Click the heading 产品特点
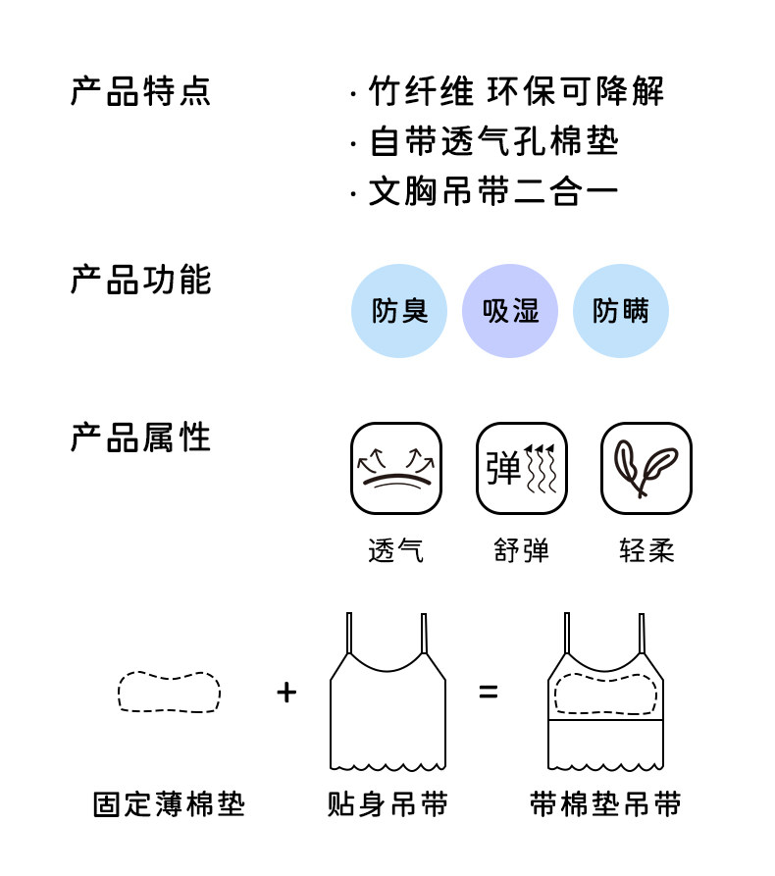(x=140, y=91)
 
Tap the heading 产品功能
(x=140, y=280)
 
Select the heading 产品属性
(x=140, y=438)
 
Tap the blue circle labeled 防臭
(x=399, y=311)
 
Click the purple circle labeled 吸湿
(x=510, y=311)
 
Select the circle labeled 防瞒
(x=620, y=311)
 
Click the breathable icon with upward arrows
(x=396, y=468)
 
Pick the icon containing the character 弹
(x=522, y=468)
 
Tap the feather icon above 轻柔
(x=646, y=468)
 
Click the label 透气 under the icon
(x=396, y=550)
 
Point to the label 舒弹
(x=522, y=550)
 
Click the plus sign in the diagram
(x=286, y=693)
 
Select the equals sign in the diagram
(x=488, y=693)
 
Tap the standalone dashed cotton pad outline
(x=169, y=693)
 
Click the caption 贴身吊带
(x=387, y=805)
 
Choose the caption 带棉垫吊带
(x=604, y=805)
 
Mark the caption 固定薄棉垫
(x=169, y=805)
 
